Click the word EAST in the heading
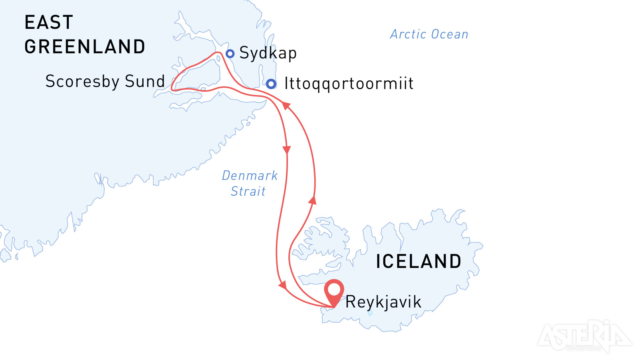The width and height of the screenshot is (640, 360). pyautogui.click(x=49, y=22)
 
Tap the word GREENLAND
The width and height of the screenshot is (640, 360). pyautogui.click(x=85, y=47)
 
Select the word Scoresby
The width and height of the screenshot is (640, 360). pyautogui.click(x=82, y=82)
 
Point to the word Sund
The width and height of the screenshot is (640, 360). pyautogui.click(x=145, y=81)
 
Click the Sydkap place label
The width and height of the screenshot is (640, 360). pyautogui.click(x=268, y=53)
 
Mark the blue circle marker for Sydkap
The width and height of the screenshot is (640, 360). pyautogui.click(x=230, y=54)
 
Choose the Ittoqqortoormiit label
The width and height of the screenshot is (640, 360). pyautogui.click(x=349, y=84)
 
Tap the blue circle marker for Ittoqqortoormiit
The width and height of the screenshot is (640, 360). pyautogui.click(x=271, y=84)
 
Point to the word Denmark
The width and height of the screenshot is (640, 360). pyautogui.click(x=250, y=176)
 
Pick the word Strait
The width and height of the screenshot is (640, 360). pyautogui.click(x=248, y=191)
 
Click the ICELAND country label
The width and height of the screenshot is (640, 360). pyautogui.click(x=418, y=262)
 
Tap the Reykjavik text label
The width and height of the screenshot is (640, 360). pyautogui.click(x=383, y=302)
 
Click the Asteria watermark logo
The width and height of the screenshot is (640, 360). pyautogui.click(x=584, y=336)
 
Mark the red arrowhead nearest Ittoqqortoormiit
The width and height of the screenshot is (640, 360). pyautogui.click(x=286, y=105)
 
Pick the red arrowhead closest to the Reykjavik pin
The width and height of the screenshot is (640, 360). pyautogui.click(x=283, y=285)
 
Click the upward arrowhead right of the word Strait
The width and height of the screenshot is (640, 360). pyautogui.click(x=312, y=200)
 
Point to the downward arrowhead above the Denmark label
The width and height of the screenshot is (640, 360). pyautogui.click(x=286, y=150)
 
